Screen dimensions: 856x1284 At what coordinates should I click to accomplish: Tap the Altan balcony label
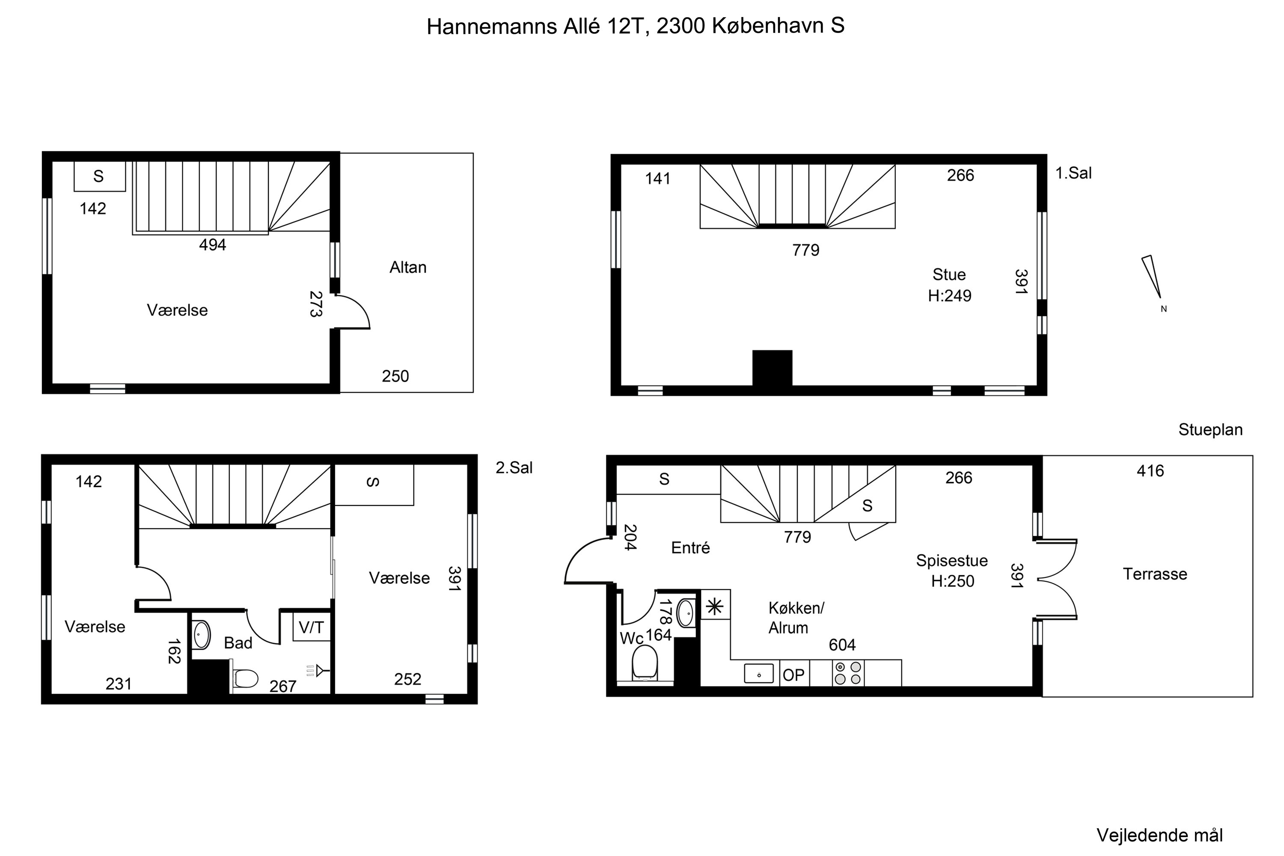point(408,267)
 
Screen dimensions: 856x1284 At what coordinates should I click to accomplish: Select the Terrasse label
point(1155,574)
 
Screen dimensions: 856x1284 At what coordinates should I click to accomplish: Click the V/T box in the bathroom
point(311,628)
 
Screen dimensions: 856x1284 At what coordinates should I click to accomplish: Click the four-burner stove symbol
point(848,673)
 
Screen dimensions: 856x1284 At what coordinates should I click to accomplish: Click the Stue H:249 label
point(949,285)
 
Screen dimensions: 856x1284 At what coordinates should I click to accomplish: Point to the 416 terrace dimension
point(1150,471)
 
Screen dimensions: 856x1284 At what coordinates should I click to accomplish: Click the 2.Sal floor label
point(514,468)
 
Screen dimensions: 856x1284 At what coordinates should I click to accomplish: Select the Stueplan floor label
point(1210,430)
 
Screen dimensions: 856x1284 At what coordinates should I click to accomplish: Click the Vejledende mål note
point(1159,835)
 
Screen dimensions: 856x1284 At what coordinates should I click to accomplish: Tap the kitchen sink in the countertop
point(759,673)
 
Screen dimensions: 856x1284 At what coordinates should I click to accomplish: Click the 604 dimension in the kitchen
point(842,645)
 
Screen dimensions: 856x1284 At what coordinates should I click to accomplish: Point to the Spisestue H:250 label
point(952,571)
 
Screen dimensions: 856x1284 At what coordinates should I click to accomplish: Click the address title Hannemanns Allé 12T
point(636,26)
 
